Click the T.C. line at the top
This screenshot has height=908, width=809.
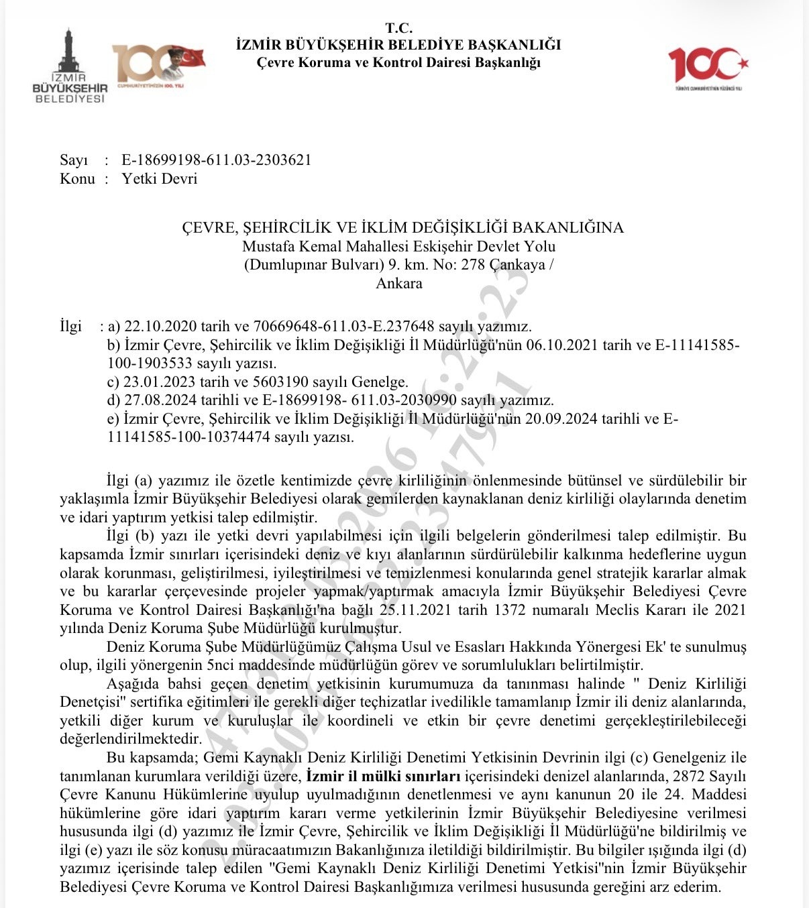click(x=398, y=28)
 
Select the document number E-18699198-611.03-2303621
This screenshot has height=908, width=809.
click(x=216, y=160)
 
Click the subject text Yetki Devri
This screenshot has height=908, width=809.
click(x=159, y=179)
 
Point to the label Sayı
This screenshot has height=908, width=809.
click(x=74, y=160)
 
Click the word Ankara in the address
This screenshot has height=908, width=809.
click(x=399, y=283)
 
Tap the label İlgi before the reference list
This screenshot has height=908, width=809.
click(x=70, y=327)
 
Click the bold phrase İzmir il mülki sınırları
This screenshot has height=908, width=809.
click(x=382, y=777)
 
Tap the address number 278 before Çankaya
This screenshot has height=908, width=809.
click(x=472, y=264)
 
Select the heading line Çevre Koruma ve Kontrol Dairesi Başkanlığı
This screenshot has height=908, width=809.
click(x=398, y=63)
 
